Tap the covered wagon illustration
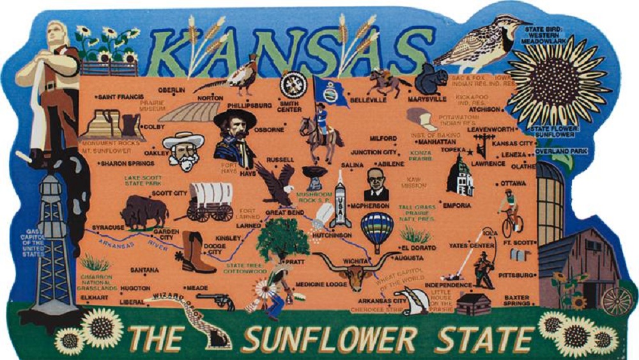pos(210,200)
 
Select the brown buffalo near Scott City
pos(144,211)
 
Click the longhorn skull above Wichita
pos(350,270)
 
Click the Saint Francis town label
pos(119,97)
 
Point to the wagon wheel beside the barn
pos(615,301)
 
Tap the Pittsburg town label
pos(515,275)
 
